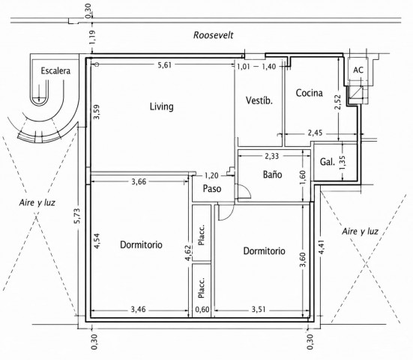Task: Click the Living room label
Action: tap(162, 106)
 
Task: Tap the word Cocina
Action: tap(309, 93)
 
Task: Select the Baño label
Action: tap(272, 174)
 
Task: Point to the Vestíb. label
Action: tap(259, 100)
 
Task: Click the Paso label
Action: tap(212, 189)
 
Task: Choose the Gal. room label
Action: tap(328, 161)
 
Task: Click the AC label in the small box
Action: tap(358, 70)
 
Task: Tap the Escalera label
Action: tap(55, 70)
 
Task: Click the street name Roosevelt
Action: tap(214, 35)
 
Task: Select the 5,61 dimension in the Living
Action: tap(165, 65)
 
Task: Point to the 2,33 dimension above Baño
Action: tap(271, 156)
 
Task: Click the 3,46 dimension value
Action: tap(138, 309)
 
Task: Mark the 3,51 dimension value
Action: tap(259, 309)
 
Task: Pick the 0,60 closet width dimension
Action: tap(202, 310)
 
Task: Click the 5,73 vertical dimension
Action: tap(76, 216)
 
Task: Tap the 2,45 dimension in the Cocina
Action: tap(315, 133)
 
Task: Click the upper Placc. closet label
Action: tap(201, 235)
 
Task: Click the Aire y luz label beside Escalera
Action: tap(37, 202)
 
